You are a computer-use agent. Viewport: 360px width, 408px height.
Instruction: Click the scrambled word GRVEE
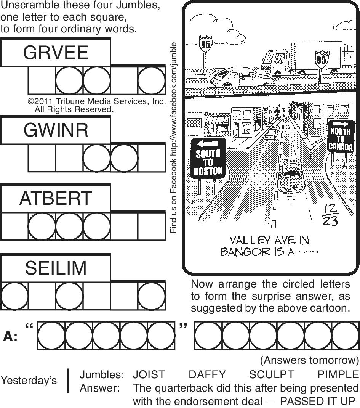[56, 52]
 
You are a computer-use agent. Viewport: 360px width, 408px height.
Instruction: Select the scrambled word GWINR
[56, 130]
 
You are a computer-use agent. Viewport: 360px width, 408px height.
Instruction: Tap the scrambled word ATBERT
[56, 198]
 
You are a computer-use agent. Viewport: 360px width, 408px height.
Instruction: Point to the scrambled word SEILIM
[56, 268]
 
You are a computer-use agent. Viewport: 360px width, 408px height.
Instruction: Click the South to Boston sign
[208, 162]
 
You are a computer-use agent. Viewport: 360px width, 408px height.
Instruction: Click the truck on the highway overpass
[301, 57]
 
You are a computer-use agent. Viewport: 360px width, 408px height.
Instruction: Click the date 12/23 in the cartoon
[329, 215]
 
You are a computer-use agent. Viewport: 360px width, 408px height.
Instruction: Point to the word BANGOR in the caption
[241, 252]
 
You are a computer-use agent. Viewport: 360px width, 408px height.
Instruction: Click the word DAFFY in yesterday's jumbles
[207, 374]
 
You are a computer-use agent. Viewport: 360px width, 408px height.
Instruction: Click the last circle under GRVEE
[152, 81]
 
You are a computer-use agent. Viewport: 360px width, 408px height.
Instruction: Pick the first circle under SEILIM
[14, 296]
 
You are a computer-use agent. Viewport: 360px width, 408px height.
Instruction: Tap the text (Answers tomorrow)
[309, 360]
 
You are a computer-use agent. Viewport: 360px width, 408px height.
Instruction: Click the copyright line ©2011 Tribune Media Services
[97, 102]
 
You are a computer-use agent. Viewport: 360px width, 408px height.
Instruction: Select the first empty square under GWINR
[42, 158]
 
